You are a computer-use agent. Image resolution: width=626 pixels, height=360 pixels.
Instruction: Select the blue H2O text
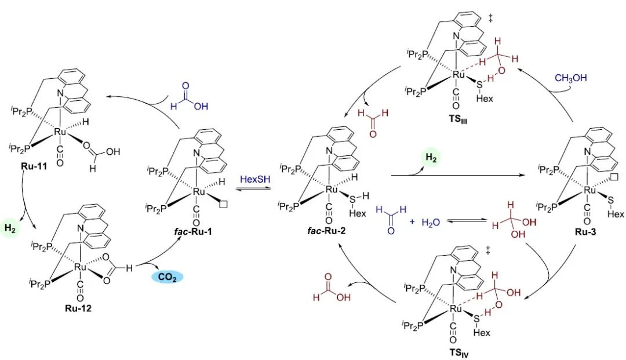tap(432, 222)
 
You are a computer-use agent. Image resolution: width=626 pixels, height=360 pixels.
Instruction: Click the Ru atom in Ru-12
tap(80, 267)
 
